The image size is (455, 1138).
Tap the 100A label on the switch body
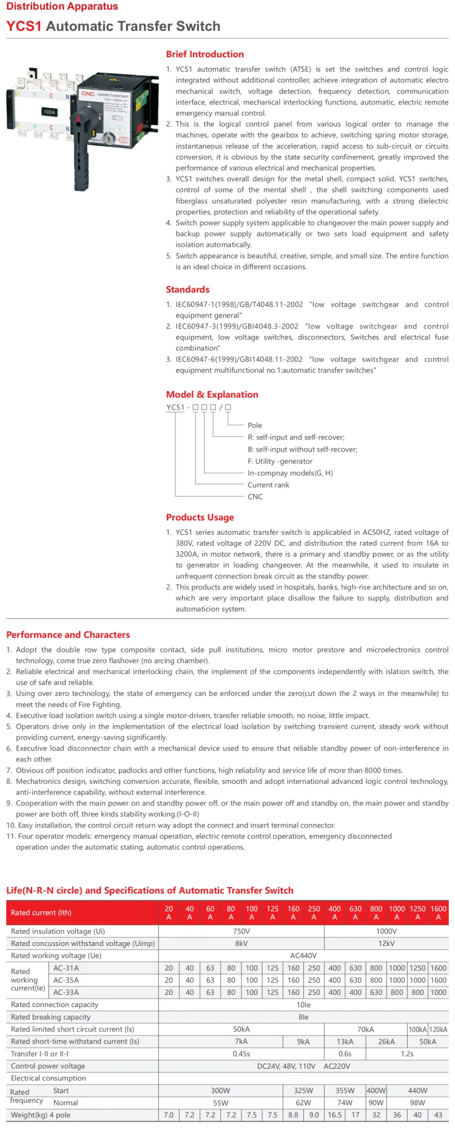49,112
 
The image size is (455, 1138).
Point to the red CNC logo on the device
88,93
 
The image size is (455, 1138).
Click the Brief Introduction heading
204,55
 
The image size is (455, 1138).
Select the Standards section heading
187,290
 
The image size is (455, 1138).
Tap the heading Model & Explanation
212,395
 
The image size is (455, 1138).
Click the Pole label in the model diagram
255,426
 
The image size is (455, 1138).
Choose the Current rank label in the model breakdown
268,485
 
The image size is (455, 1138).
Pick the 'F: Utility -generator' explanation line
280,461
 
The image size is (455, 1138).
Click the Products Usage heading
200,518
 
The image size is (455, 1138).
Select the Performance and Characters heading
68,635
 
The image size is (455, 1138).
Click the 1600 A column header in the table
438,913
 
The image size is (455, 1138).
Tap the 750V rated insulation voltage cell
241,931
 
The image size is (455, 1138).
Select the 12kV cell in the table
386,943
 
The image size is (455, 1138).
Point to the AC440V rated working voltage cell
303,956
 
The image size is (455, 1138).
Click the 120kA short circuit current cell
438,1029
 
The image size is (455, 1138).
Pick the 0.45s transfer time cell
241,1054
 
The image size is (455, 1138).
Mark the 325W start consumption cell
303,1091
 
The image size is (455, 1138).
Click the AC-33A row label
66,992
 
